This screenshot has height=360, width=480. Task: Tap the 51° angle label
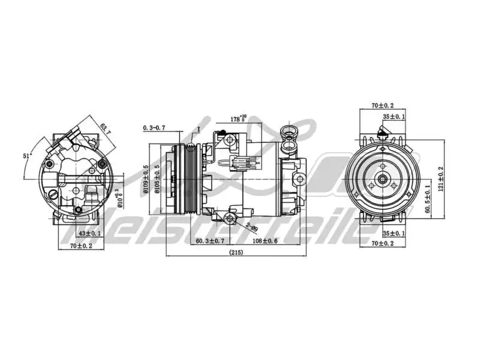[x=27, y=156]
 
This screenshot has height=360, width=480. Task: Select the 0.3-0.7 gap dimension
[x=155, y=128]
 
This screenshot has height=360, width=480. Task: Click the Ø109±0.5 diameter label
[x=146, y=179]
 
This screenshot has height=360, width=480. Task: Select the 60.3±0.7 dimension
[x=210, y=241]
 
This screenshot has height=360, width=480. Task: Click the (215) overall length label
[x=236, y=253]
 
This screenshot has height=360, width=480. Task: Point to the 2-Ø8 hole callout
[x=250, y=227]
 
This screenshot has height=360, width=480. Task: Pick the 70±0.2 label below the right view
[x=382, y=243]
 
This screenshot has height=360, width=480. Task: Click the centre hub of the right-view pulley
[x=382, y=179]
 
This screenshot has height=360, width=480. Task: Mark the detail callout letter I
[x=198, y=129]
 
